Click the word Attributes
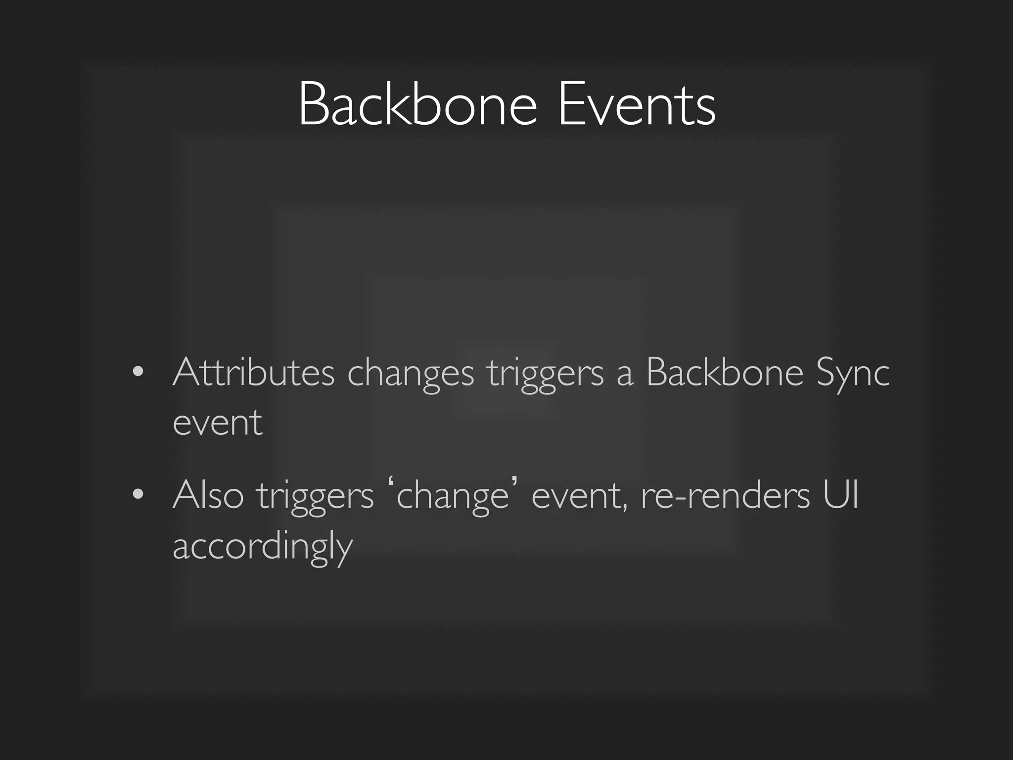[254, 372]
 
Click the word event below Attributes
[218, 423]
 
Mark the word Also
[208, 495]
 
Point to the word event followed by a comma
[578, 496]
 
